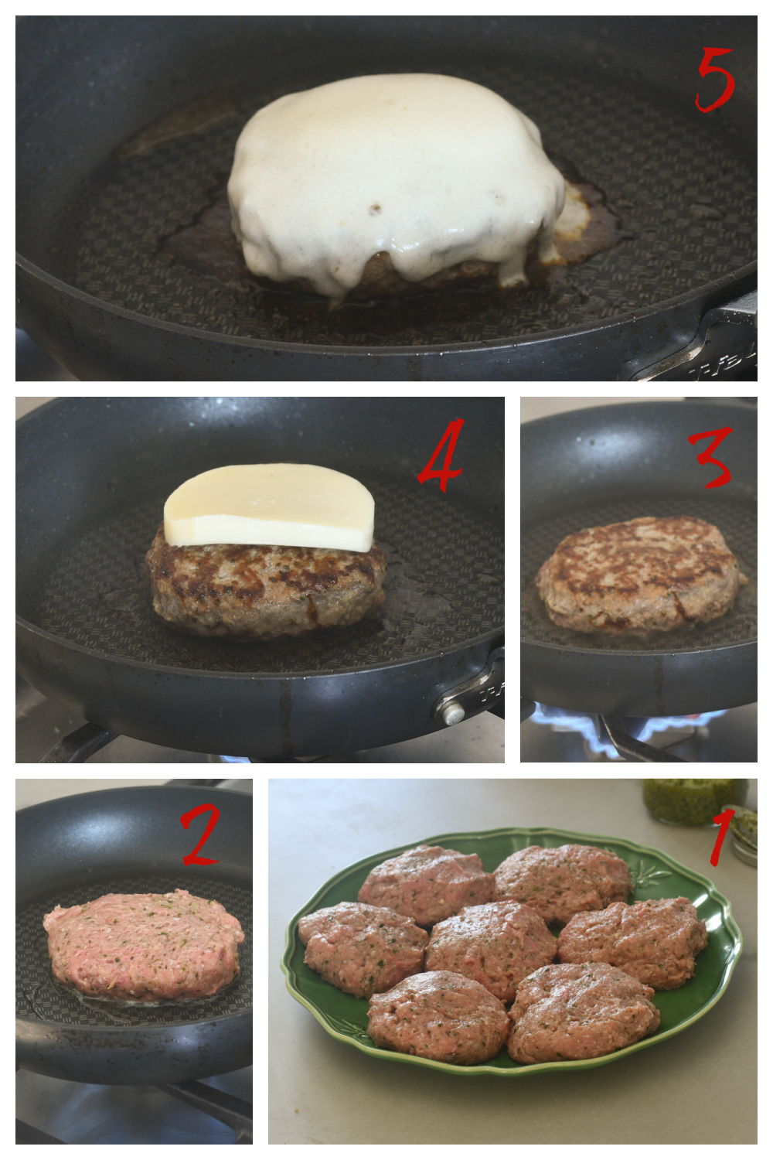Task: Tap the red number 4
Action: click(x=441, y=455)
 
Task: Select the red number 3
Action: click(x=711, y=457)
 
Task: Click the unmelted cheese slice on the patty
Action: click(x=269, y=507)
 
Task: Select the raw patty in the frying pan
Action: click(x=144, y=943)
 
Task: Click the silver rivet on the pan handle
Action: click(x=455, y=715)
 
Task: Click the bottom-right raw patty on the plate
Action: click(x=583, y=1012)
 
